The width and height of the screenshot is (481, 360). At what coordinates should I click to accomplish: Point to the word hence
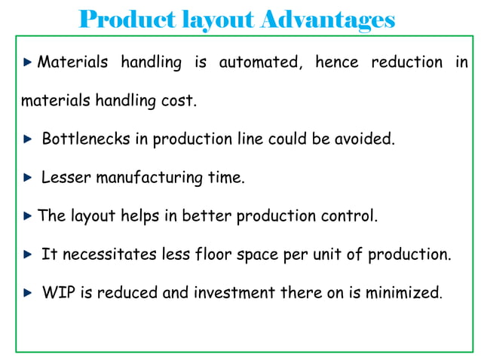336,63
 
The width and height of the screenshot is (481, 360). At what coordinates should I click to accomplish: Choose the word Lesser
63,178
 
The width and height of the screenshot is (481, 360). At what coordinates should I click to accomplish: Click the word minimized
402,293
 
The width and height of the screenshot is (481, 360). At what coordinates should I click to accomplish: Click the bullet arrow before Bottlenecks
27,140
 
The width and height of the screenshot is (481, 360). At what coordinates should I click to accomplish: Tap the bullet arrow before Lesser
27,178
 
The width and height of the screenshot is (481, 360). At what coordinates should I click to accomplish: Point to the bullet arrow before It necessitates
27,255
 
